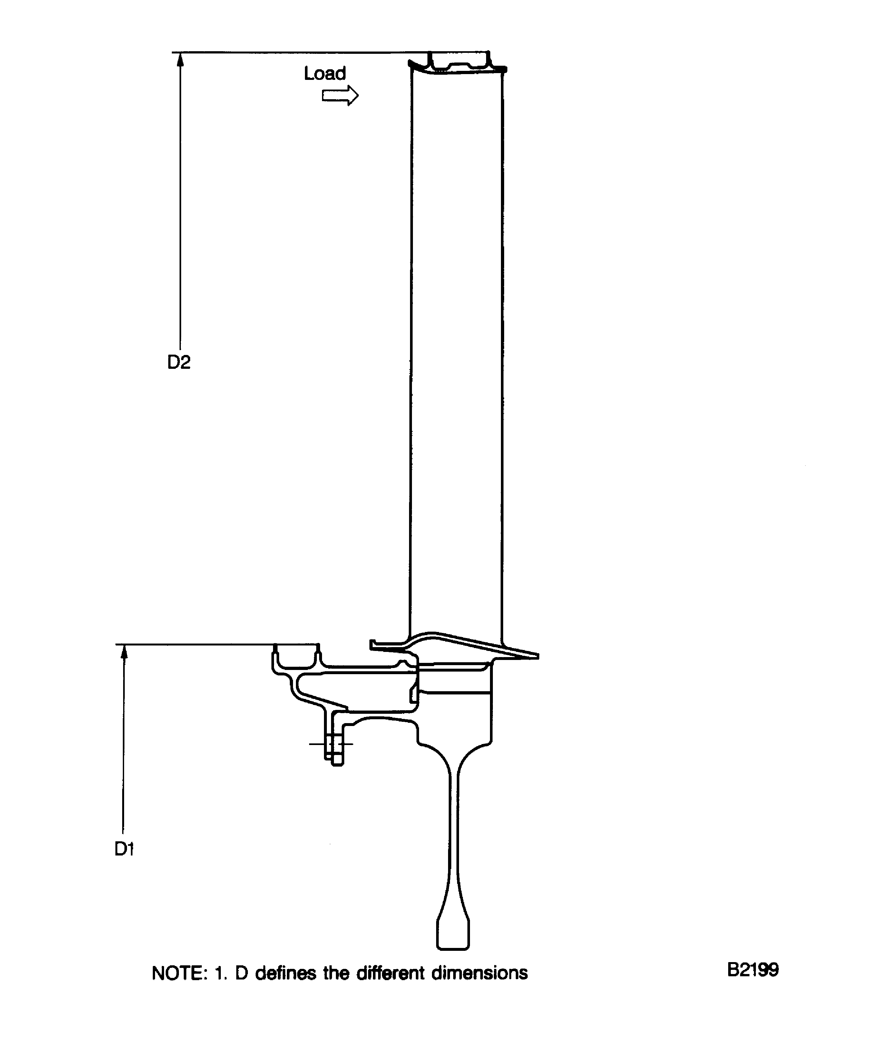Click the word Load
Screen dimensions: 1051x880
click(325, 73)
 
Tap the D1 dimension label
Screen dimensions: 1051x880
click(124, 849)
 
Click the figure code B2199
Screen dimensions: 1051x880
click(753, 970)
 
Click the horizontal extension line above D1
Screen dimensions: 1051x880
click(200, 644)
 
